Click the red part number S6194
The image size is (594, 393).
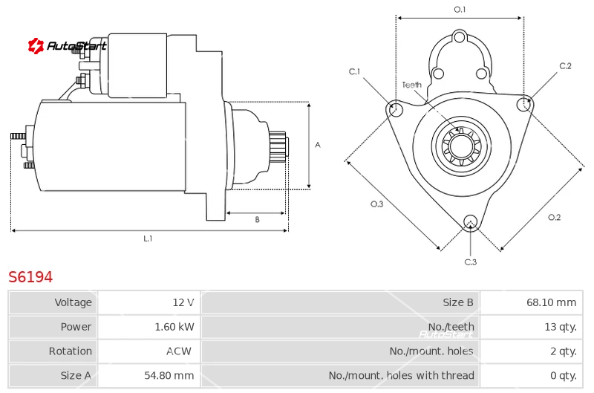click(30, 277)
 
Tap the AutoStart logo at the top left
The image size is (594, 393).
click(67, 46)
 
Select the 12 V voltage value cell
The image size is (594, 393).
click(149, 302)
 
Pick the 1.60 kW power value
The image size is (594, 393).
click(174, 327)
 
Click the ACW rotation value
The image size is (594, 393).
click(179, 351)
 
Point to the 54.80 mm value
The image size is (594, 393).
click(169, 376)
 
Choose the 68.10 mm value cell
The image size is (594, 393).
click(531, 302)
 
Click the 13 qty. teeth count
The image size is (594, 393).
click(561, 327)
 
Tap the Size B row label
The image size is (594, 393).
click(458, 302)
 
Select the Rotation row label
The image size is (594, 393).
click(70, 351)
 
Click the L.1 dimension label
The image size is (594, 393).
click(148, 238)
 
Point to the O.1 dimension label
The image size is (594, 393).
click(460, 10)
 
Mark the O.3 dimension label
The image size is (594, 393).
click(377, 204)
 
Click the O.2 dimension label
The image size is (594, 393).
click(554, 217)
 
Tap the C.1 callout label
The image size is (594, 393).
click(355, 71)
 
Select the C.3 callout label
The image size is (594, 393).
click(471, 262)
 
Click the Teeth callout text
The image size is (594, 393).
click(412, 85)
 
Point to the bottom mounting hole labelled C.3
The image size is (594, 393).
click(471, 221)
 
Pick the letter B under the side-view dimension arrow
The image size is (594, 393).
click(257, 219)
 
